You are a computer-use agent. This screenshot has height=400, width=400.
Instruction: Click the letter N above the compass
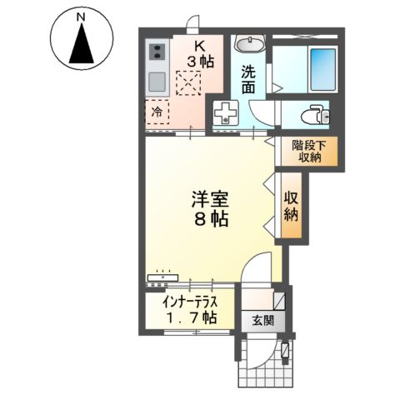80,16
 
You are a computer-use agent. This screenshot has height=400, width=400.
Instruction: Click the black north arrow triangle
80,45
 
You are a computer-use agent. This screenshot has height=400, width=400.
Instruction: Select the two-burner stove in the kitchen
156,54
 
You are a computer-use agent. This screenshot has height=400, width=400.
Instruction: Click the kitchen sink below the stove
156,82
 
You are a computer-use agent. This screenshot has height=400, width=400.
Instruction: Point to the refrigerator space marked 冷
156,110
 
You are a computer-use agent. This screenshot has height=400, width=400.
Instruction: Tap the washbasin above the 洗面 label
247,42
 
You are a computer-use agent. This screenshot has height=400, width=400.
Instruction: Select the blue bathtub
321,62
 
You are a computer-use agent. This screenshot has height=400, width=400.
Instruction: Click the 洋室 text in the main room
210,201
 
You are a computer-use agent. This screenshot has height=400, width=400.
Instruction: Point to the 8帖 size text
210,222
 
